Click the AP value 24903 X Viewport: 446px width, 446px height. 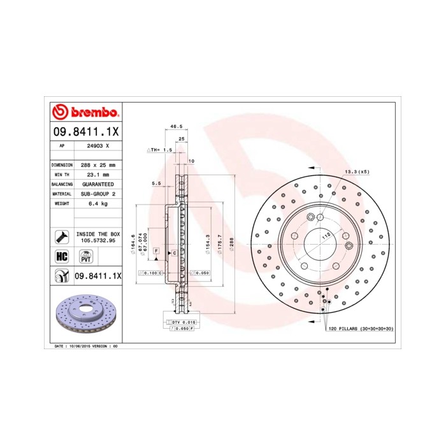pos(97,147)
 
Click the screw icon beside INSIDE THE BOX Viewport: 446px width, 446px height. pos(62,238)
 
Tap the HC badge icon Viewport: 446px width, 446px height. pos(62,257)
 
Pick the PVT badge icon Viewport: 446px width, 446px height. pos(84,257)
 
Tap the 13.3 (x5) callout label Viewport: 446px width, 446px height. pos(357,172)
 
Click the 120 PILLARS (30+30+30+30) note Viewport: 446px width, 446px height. pos(360,329)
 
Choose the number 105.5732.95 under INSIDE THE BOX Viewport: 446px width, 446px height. pos(97,241)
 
